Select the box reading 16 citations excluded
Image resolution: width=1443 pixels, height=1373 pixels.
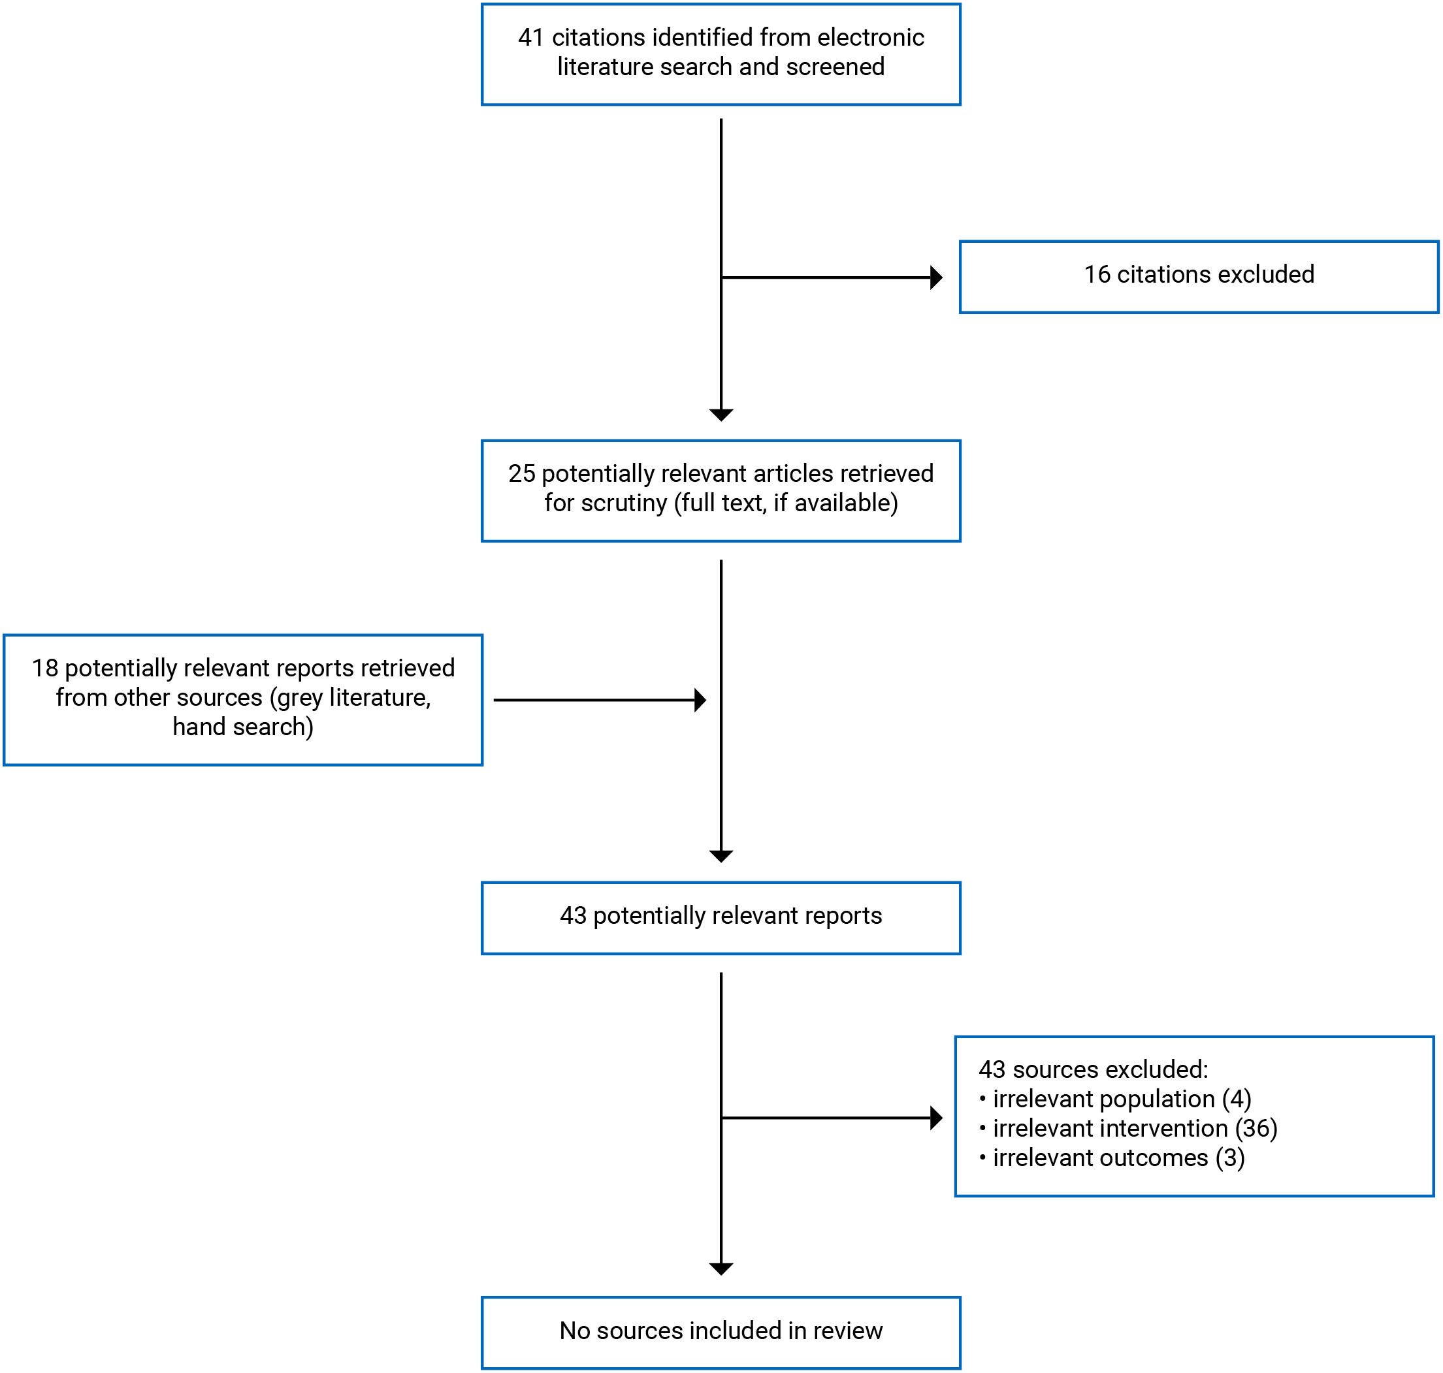pos(1199,277)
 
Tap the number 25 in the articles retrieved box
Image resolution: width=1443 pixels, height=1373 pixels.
pos(521,473)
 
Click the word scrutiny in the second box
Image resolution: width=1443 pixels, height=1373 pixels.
pos(624,503)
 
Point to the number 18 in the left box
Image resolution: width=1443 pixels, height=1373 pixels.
pos(44,668)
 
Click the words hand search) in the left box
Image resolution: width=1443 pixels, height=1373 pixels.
pos(243,727)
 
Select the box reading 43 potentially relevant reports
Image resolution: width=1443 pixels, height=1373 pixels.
pos(721,918)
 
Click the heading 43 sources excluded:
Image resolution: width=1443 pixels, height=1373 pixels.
pos(1092,1069)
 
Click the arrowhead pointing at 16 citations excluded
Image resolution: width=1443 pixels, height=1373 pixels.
pos(935,277)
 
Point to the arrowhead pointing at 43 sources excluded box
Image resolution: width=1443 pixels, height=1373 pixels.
pos(935,1118)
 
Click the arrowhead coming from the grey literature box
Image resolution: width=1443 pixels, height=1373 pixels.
pos(700,701)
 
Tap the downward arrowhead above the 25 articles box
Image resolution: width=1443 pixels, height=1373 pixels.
pos(721,415)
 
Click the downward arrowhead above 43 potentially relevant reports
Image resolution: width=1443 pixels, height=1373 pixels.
pos(721,857)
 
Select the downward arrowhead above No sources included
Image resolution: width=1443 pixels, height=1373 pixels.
pos(721,1269)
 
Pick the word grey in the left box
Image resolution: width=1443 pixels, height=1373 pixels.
pos(297,698)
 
